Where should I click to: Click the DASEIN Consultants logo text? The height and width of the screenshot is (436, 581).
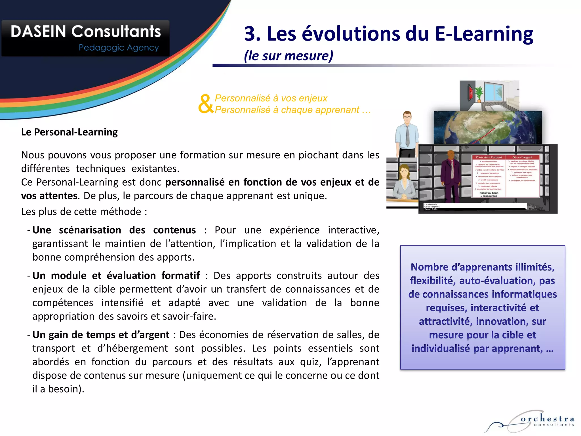click(x=86, y=32)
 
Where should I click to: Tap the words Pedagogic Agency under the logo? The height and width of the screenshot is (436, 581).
click(x=119, y=48)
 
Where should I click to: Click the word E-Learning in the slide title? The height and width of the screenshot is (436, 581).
click(x=484, y=34)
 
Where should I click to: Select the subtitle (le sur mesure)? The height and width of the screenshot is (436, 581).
click(x=288, y=56)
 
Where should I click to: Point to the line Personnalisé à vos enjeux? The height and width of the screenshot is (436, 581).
click(x=271, y=98)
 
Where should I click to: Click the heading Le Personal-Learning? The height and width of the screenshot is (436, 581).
click(x=69, y=132)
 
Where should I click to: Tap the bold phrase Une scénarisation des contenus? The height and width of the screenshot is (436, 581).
click(x=114, y=230)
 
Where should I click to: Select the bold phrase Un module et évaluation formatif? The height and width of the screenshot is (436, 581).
click(x=116, y=276)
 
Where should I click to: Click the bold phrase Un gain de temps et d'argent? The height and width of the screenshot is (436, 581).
click(x=101, y=335)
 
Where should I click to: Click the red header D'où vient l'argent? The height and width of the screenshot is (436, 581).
click(x=489, y=157)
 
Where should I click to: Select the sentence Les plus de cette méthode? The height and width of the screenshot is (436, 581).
click(x=84, y=212)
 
